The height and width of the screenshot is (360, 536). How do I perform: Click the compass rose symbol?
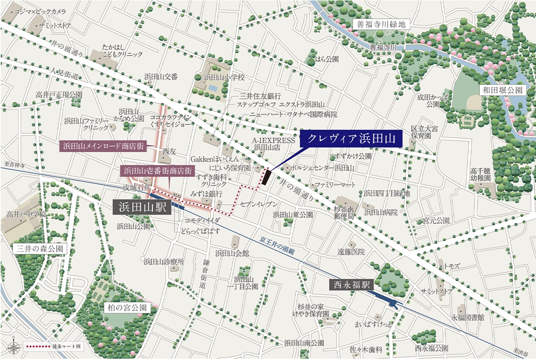(x=13, y=347)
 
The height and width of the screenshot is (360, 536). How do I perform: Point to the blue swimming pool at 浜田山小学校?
(x=213, y=88)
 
